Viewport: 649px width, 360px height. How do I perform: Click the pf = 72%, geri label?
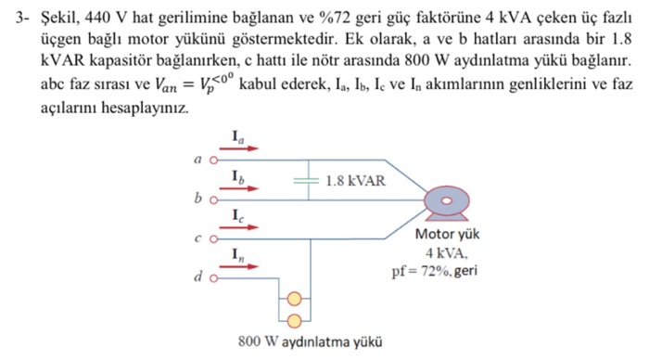pyautogui.click(x=434, y=270)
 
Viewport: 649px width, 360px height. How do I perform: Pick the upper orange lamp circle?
pyautogui.click(x=295, y=299)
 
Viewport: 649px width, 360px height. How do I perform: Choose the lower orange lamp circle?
pyautogui.click(x=295, y=320)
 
